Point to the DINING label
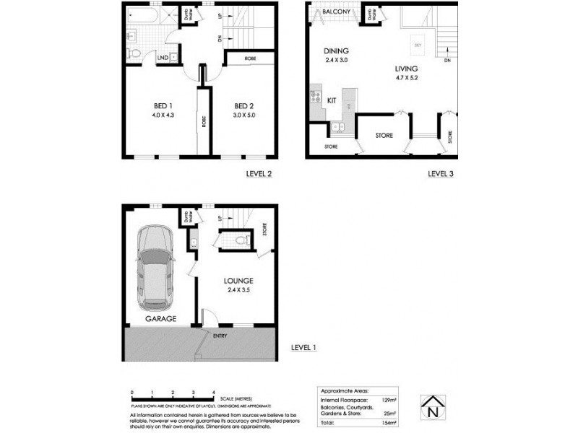pos(337,51)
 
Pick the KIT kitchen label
pos(332,100)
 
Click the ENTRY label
pos(220,335)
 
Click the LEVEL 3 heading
pos(440,174)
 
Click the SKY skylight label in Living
pos(418,45)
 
